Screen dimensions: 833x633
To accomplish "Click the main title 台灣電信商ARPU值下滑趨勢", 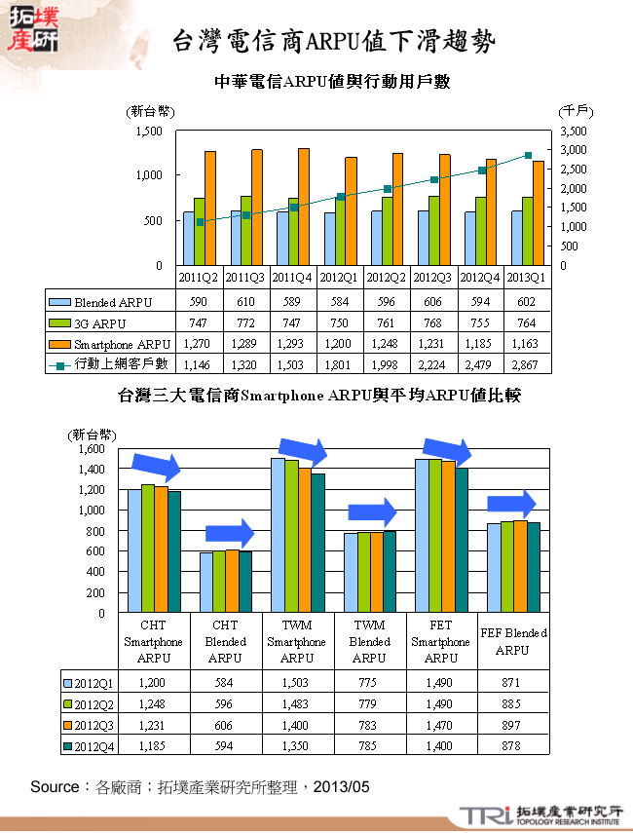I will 332,41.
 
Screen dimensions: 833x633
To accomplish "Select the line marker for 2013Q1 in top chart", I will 528,155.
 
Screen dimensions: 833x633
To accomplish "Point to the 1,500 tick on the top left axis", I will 148,131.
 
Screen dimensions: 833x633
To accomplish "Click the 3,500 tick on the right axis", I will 576,131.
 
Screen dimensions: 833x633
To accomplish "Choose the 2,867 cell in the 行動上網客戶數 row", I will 528,363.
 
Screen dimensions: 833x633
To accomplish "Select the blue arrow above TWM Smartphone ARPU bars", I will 302,449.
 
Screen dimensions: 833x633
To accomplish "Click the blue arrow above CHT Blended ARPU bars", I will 230,533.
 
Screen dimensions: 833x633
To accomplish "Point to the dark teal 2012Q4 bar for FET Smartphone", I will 462,540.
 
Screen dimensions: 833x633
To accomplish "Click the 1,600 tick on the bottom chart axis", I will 90,449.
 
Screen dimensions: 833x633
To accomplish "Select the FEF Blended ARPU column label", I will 512,641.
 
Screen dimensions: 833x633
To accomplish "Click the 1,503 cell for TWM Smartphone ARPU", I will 298,683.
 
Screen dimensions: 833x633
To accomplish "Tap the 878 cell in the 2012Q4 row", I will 512,746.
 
